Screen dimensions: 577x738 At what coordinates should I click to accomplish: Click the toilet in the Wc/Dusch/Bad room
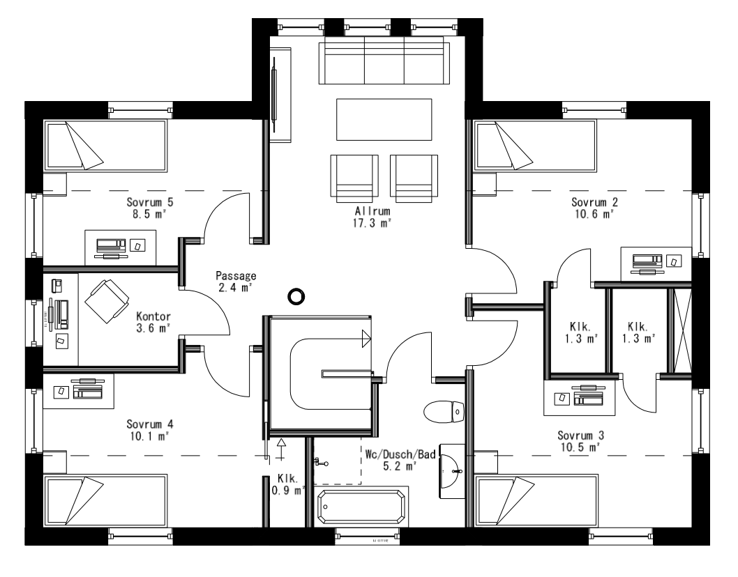click(x=444, y=411)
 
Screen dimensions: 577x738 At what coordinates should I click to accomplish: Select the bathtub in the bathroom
click(x=361, y=507)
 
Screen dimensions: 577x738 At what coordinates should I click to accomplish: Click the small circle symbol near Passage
click(x=296, y=297)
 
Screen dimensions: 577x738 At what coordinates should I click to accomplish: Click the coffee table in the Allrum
click(x=384, y=120)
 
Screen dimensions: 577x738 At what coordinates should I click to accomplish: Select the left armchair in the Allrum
click(x=354, y=176)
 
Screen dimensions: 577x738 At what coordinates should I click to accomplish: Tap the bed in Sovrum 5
click(x=105, y=145)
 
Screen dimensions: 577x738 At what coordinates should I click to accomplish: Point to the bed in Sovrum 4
click(x=105, y=500)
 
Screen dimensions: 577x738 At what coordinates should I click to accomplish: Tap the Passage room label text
click(x=236, y=276)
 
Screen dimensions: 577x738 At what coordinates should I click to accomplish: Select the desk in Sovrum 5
click(x=121, y=247)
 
